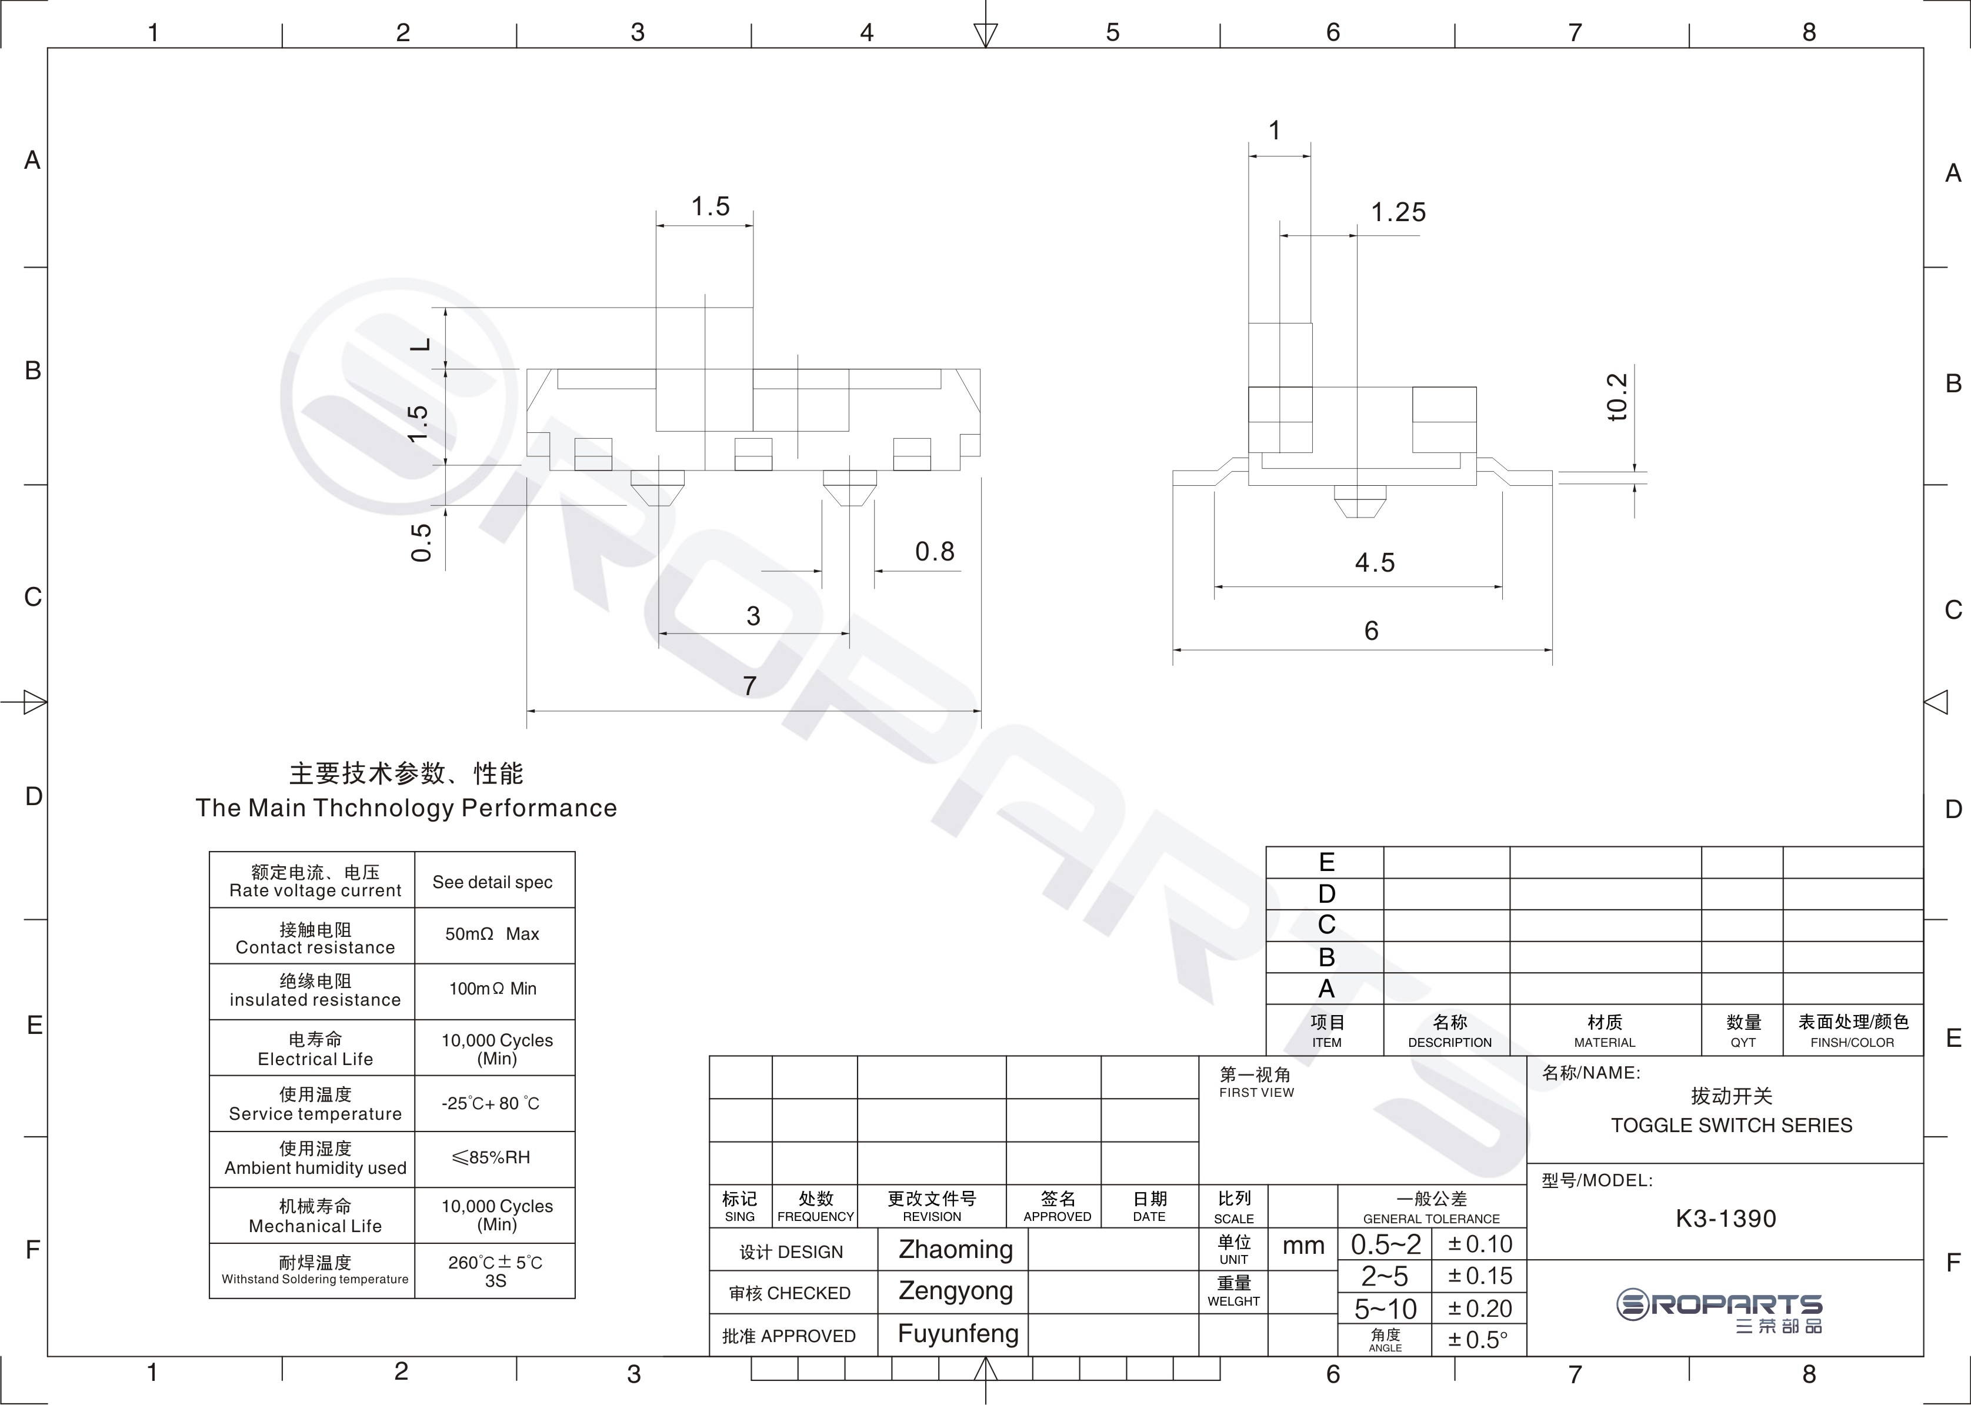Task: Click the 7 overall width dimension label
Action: [x=750, y=686]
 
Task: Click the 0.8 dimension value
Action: [x=935, y=552]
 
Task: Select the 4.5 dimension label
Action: [x=1375, y=563]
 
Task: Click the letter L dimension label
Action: [x=419, y=344]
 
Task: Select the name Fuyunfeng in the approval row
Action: [x=958, y=1333]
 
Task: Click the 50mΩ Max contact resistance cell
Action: [x=492, y=935]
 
